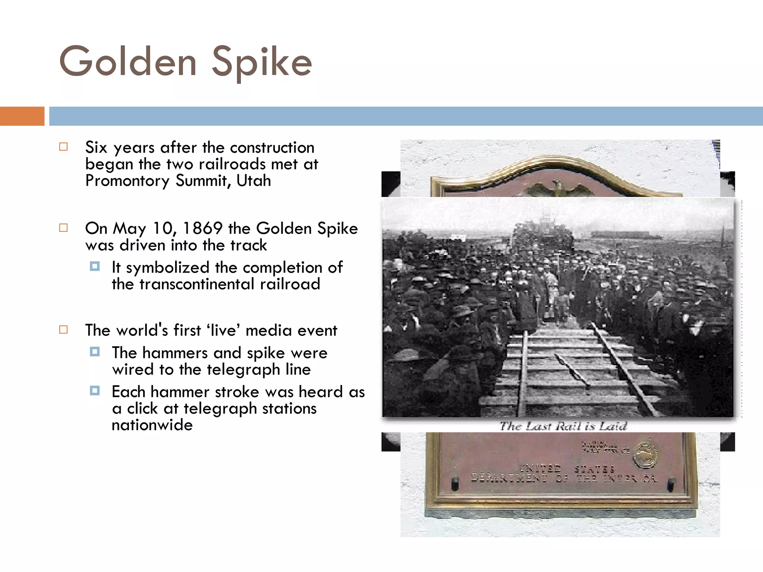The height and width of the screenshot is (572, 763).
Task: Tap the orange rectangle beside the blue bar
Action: coord(22,116)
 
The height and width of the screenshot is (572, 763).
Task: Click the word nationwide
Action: coord(152,425)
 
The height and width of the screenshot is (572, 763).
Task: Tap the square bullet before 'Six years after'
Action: coord(64,147)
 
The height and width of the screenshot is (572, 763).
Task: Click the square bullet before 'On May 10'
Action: coord(64,228)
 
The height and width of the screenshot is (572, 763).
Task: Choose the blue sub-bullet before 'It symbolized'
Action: coord(95,266)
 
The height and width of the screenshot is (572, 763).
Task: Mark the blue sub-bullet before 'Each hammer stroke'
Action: coord(95,391)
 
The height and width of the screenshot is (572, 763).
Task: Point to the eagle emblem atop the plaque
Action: coord(558,188)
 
